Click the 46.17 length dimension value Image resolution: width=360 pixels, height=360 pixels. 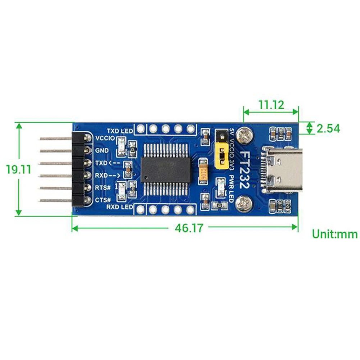tap(189, 228)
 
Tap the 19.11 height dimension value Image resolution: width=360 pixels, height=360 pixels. tap(19, 169)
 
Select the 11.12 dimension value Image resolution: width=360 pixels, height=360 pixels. tap(271, 105)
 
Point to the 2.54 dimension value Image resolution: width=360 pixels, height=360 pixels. tap(328, 128)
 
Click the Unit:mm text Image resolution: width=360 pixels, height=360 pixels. tap(334, 234)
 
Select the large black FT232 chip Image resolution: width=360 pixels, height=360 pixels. tap(166, 169)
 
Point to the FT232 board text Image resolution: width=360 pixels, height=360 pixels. tap(245, 169)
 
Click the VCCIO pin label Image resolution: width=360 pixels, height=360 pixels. tap(105, 138)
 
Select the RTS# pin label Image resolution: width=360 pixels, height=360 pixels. tap(103, 187)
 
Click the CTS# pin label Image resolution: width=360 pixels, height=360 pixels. tap(103, 200)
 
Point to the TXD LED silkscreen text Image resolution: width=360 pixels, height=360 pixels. tap(119, 130)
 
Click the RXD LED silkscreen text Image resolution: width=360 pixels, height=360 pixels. tap(119, 208)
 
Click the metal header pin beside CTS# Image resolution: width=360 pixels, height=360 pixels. tap(56, 200)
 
